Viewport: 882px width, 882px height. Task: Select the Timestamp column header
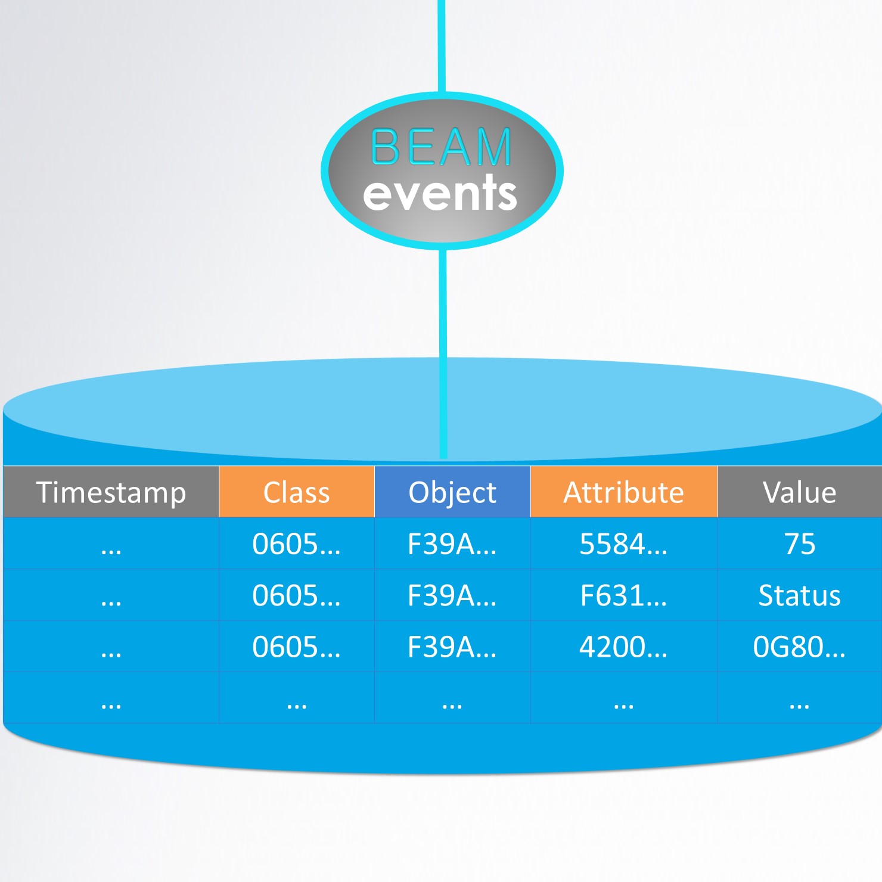pos(111,492)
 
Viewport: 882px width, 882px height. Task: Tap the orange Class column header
pos(297,492)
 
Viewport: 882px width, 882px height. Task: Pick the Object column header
pos(452,492)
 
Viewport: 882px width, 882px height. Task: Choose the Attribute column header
pos(624,492)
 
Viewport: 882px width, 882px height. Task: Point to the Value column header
pos(799,492)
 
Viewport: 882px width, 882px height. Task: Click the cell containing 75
pos(799,544)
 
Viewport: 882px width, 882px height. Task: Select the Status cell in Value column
pos(799,595)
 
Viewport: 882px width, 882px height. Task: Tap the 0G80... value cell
pos(799,647)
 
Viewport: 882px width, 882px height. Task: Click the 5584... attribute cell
pos(624,544)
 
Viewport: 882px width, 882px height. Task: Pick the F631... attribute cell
pos(624,595)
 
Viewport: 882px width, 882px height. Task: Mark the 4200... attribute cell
pos(624,647)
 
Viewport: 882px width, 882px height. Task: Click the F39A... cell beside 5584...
pos(452,544)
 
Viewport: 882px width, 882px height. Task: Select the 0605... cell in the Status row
pos(297,595)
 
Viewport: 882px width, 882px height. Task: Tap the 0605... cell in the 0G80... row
pos(297,647)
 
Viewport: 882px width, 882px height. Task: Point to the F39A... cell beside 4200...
pos(452,647)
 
